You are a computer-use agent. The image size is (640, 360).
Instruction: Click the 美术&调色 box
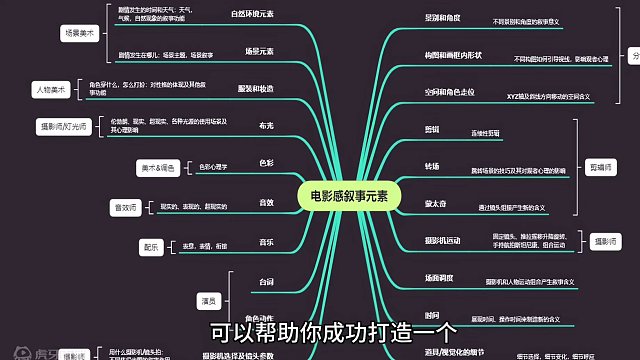click(159, 167)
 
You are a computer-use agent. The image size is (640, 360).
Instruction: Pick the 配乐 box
click(151, 245)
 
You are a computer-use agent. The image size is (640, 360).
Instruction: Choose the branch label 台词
click(265, 283)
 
